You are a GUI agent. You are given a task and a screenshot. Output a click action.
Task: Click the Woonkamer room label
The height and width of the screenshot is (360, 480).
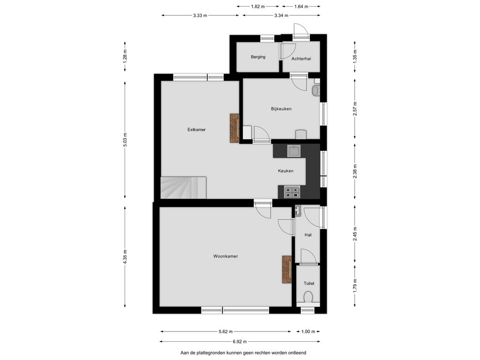pos(225,256)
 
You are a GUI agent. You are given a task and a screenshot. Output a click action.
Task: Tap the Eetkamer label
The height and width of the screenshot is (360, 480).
pos(196,129)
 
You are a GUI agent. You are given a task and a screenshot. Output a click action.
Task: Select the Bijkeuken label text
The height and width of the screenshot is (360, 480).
pos(281,109)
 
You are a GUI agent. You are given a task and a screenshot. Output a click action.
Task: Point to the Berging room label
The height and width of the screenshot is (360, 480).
pos(258,57)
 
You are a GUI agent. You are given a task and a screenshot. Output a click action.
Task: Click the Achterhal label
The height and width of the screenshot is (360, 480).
pos(301,59)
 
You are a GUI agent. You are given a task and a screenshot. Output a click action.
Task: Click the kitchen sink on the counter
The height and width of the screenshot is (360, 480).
pos(294,151)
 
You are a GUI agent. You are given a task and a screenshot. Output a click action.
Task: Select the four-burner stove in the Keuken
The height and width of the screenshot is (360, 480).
pos(292,192)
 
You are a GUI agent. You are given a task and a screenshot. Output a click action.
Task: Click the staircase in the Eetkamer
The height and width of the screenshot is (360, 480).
pos(183,187)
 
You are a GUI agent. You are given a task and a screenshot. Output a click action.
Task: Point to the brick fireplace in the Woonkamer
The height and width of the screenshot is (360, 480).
pos(287,270)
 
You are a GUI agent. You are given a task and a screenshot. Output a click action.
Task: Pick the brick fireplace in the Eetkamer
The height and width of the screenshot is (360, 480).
pos(234,128)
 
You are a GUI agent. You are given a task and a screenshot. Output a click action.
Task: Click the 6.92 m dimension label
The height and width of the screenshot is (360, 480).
pos(240,342)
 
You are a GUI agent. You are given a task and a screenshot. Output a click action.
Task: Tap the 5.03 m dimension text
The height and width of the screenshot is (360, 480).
pos(125,140)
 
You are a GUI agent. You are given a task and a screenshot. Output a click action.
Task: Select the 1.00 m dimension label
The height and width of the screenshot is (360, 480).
pos(308,331)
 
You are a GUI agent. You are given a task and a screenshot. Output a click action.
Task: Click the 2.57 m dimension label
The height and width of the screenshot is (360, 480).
pos(355,109)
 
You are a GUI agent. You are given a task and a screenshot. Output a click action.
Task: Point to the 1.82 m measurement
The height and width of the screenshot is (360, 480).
pos(258,6)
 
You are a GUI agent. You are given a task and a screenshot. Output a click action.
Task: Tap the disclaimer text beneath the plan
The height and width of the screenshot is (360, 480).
pos(243,353)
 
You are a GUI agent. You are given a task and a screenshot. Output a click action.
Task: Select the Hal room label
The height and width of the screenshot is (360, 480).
pos(308,235)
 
